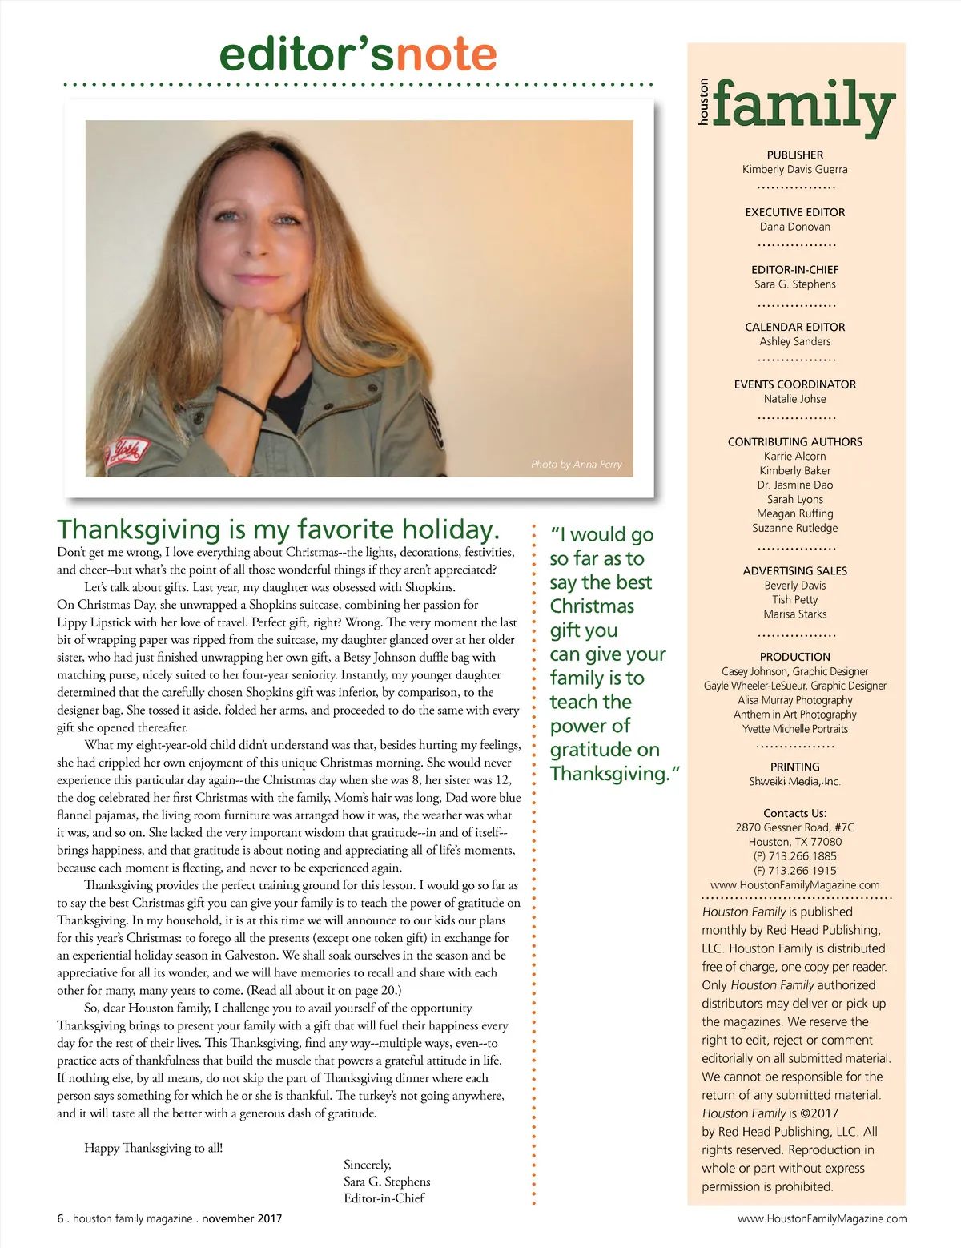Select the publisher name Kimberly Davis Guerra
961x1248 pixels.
point(794,170)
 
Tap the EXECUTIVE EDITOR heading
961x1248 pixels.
point(794,212)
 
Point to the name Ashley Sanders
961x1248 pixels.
point(794,342)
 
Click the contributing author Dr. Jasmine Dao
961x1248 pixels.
point(794,485)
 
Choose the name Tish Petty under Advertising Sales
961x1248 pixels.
point(794,600)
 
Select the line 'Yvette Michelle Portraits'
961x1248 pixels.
point(794,729)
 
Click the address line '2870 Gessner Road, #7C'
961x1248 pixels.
point(794,827)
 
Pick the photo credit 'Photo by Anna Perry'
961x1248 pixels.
point(576,465)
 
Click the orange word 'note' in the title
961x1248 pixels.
point(446,54)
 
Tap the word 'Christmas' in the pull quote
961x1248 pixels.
point(592,606)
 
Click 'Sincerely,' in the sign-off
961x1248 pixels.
point(367,1165)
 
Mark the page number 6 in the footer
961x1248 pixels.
point(60,1218)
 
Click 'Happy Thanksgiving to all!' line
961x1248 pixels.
point(153,1148)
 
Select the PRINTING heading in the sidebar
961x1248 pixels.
point(794,767)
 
